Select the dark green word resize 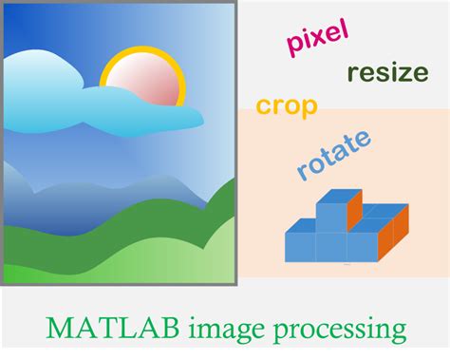(x=387, y=72)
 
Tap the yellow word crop (x=286, y=105)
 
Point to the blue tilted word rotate (x=333, y=154)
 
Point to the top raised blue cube (x=331, y=216)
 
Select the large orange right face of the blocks (x=395, y=237)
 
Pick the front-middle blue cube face (x=331, y=247)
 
